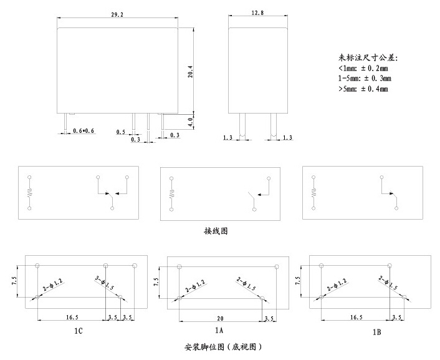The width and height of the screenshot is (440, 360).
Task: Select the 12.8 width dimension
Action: click(x=257, y=12)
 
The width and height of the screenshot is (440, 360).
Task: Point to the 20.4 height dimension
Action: click(x=190, y=72)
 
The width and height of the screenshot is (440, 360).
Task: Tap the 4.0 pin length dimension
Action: click(x=190, y=120)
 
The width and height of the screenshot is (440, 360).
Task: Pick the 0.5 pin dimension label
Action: click(x=121, y=132)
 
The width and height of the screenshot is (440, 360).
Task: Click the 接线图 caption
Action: click(x=216, y=230)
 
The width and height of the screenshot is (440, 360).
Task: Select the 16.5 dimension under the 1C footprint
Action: click(x=72, y=317)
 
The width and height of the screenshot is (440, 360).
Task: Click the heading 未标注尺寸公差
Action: click(x=368, y=57)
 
